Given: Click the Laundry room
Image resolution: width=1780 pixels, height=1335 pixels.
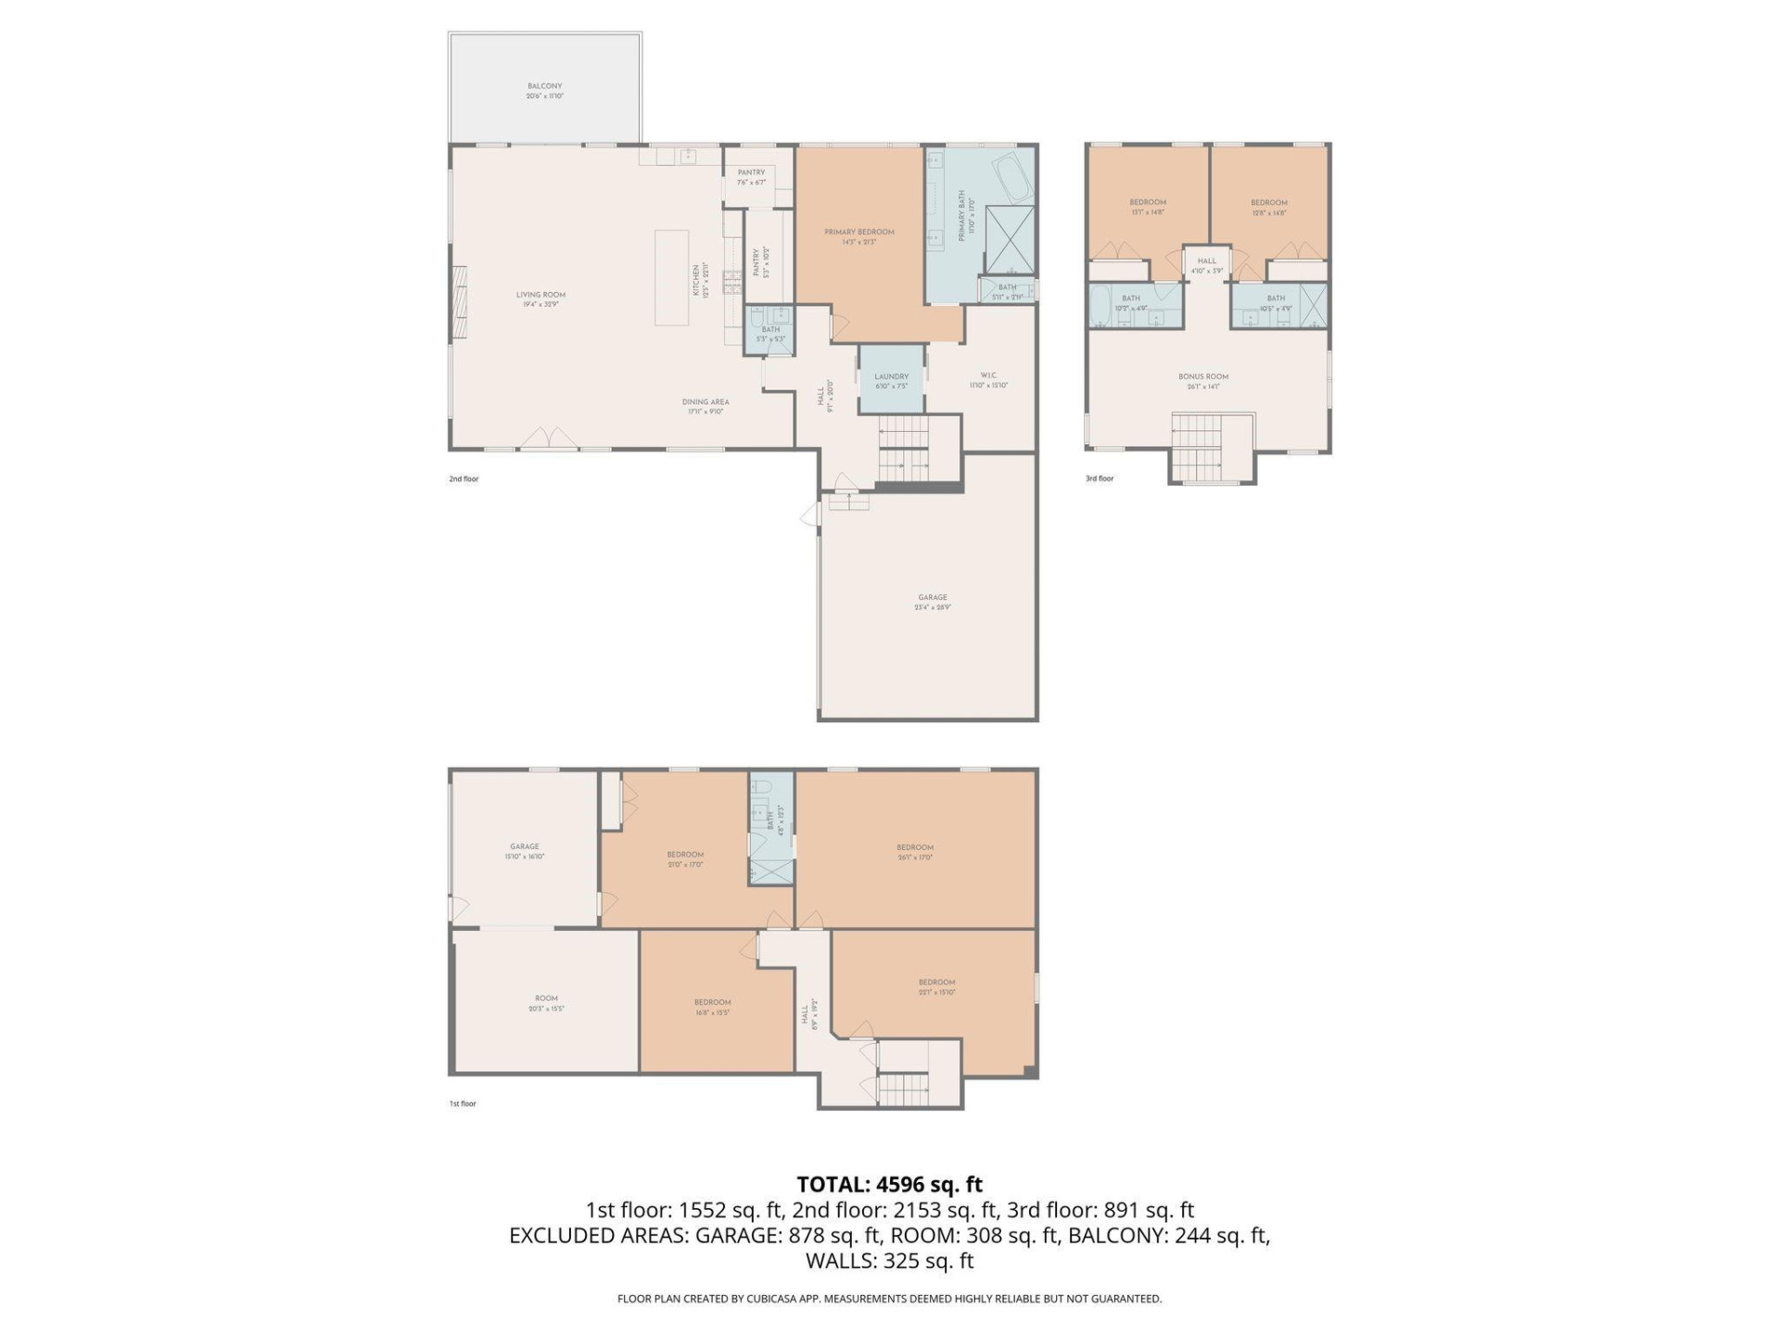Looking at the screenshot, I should click(891, 380).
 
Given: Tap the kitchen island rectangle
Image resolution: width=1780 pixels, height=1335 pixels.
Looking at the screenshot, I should click(671, 277).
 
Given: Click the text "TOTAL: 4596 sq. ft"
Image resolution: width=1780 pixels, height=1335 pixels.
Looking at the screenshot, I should click(889, 1184).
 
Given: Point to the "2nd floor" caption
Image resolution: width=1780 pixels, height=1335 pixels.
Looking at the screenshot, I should click(464, 479).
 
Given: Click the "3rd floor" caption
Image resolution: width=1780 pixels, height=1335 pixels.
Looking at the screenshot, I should click(1099, 478).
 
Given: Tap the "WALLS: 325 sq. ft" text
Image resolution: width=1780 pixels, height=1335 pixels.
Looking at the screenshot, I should click(889, 1260).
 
